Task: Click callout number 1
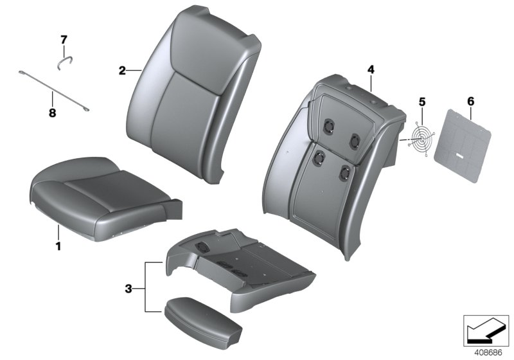[x=58, y=246]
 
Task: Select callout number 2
[x=122, y=71]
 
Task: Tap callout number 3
[x=128, y=290]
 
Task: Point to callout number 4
[x=371, y=68]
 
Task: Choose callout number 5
[x=422, y=102]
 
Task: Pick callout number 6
[x=470, y=101]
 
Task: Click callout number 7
[x=64, y=40]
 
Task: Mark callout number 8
[x=53, y=113]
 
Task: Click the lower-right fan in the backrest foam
[x=346, y=173]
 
